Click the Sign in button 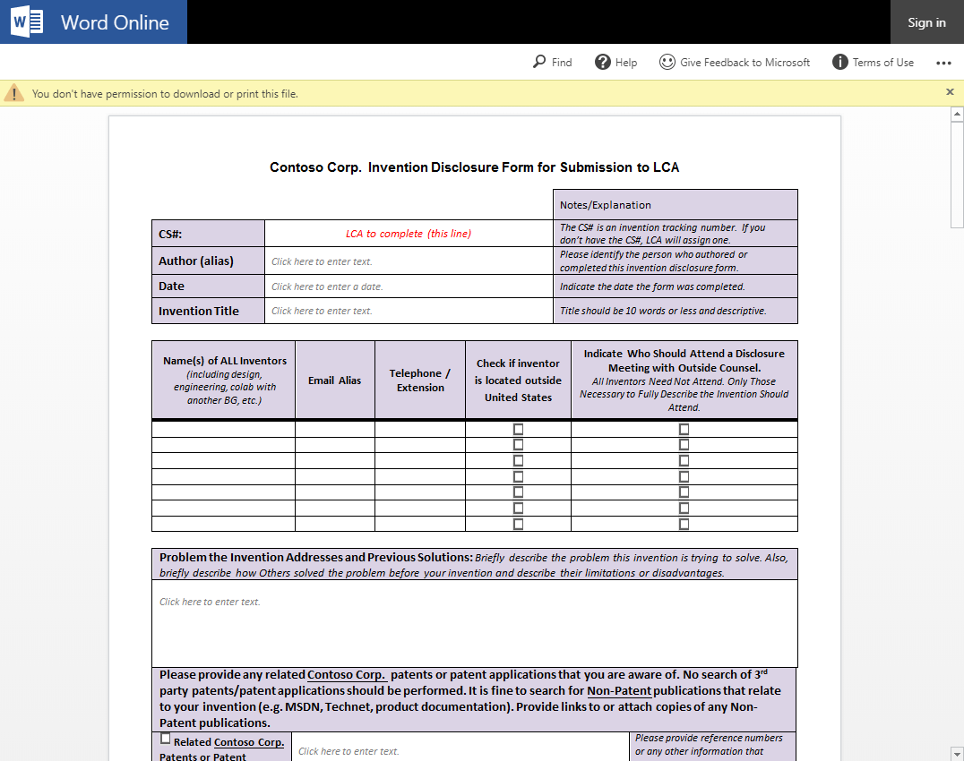point(926,22)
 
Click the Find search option point(552,62)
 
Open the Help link point(616,62)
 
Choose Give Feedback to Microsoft point(735,62)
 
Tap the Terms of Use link point(874,62)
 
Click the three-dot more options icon point(943,63)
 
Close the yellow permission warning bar point(951,92)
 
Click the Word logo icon point(27,22)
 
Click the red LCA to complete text point(409,234)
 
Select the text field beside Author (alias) point(409,261)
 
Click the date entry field point(409,286)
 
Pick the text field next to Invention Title point(409,311)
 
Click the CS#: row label point(170,235)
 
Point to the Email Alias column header point(334,380)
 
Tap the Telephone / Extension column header point(420,380)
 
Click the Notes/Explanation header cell point(606,205)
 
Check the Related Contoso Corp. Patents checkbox point(165,740)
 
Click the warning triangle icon point(14,93)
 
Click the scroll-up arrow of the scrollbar point(956,115)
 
